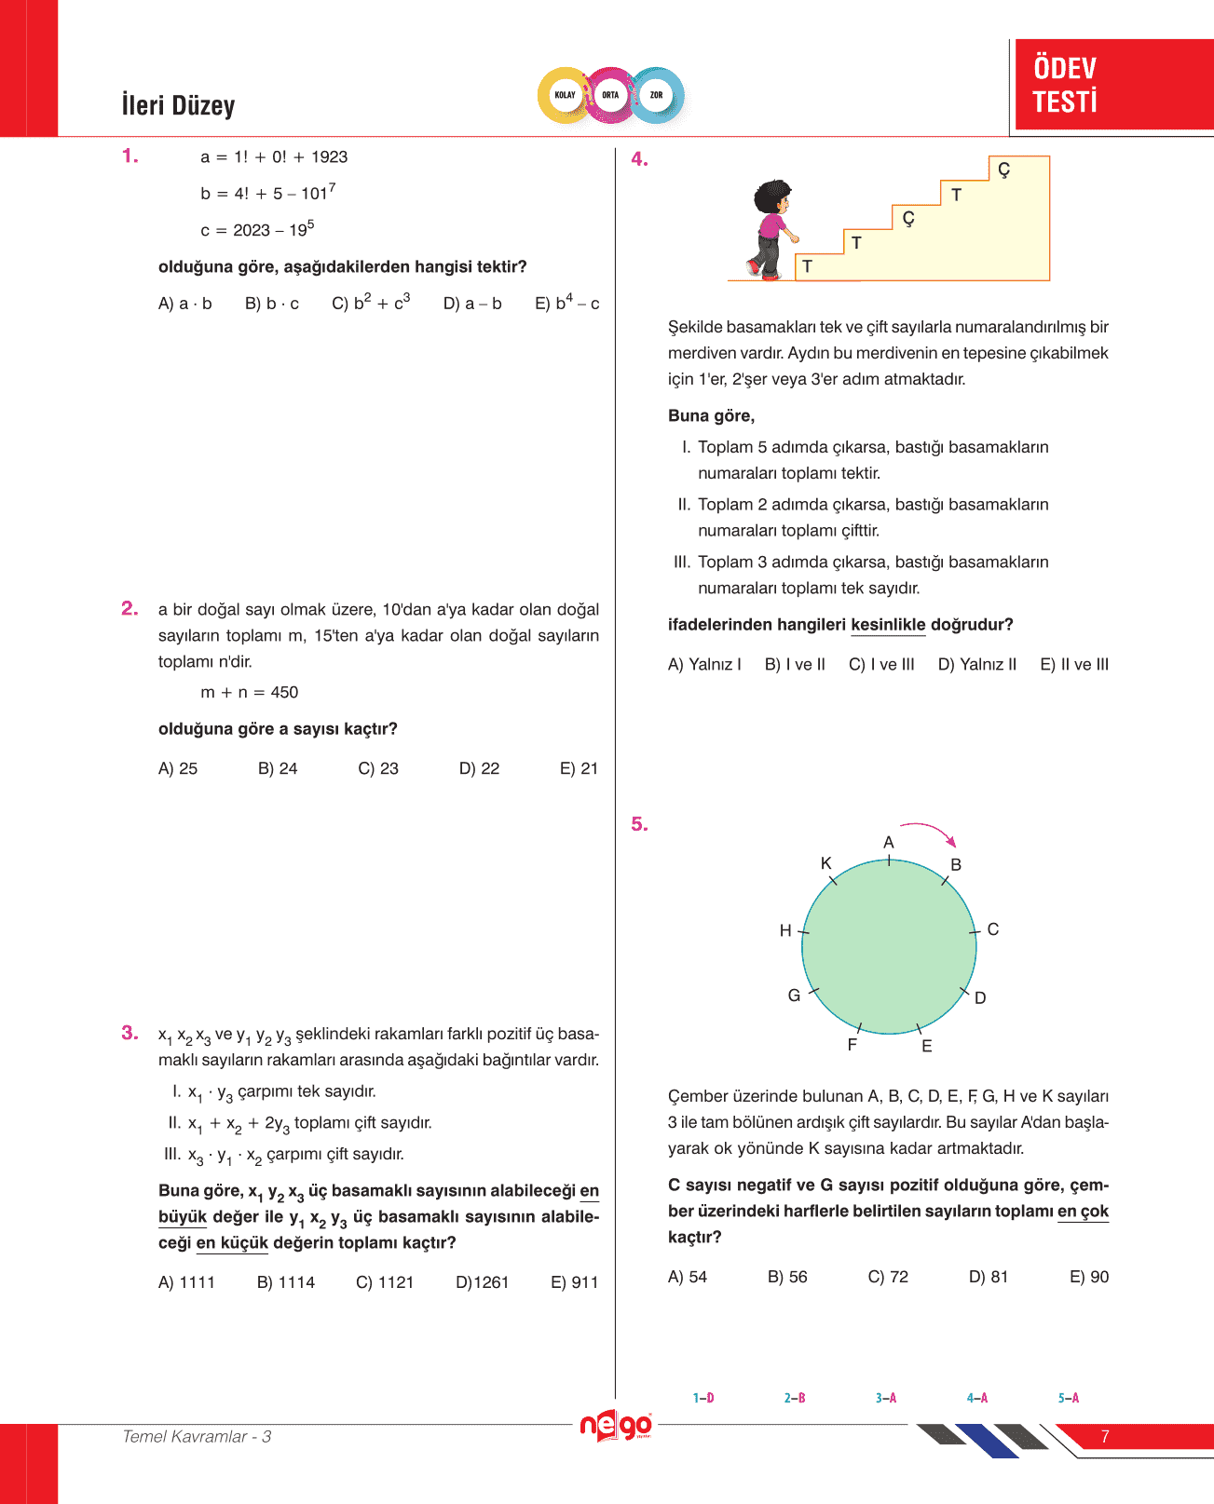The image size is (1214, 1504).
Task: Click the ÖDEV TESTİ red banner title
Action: [x=1065, y=85]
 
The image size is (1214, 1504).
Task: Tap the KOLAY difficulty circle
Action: [x=565, y=95]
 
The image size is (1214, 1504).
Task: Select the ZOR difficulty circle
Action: [x=656, y=95]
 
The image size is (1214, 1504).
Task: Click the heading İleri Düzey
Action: [x=178, y=105]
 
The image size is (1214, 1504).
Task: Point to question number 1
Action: [x=130, y=156]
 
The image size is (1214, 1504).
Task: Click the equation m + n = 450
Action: [x=249, y=692]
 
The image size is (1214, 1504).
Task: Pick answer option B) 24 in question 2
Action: [x=278, y=768]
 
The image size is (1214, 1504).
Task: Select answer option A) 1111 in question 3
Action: [x=186, y=1282]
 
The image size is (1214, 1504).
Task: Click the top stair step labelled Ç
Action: [x=1003, y=169]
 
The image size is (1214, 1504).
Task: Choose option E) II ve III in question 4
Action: [x=1074, y=664]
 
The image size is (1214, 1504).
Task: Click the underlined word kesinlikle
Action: [x=888, y=624]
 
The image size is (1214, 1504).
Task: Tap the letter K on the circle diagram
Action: [x=825, y=863]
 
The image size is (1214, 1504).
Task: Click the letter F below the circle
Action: [x=852, y=1045]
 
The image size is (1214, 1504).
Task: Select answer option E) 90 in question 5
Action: [x=1088, y=1277]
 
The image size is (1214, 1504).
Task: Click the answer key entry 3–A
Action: [x=885, y=1398]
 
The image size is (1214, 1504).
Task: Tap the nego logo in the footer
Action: [x=616, y=1426]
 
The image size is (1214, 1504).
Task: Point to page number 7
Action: [x=1105, y=1436]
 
